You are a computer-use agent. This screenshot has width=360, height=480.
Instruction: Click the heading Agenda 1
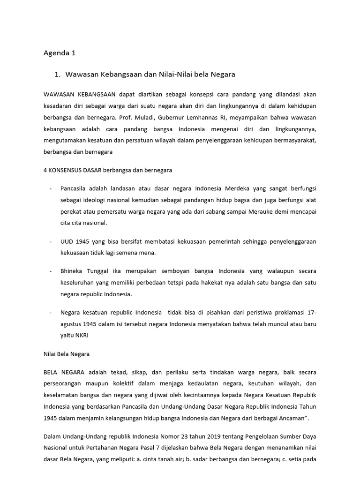coord(60,53)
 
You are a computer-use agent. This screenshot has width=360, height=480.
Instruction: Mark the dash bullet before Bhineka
coord(50,272)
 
